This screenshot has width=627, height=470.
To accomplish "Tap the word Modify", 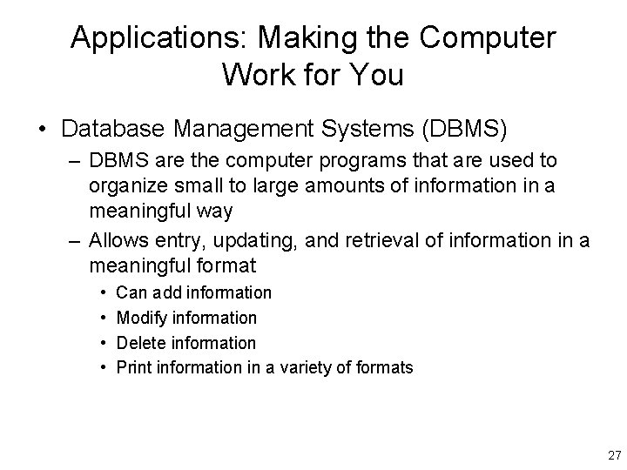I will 139,318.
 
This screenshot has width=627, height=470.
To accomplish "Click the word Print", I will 133,367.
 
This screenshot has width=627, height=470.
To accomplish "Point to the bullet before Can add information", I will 104,293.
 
